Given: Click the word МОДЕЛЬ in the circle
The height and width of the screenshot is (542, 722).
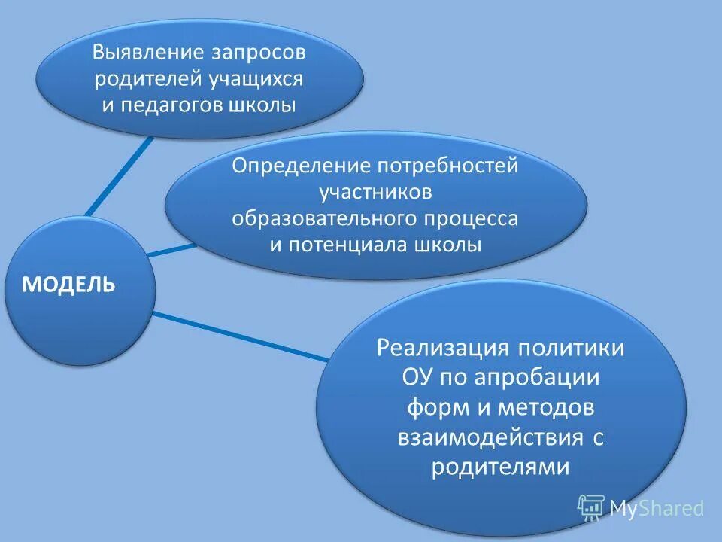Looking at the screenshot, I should pyautogui.click(x=68, y=285).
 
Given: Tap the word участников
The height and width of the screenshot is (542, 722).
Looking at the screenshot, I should pyautogui.click(x=375, y=192).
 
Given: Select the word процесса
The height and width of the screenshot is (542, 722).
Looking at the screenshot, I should pyautogui.click(x=472, y=218).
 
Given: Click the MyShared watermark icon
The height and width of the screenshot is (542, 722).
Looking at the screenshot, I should pyautogui.click(x=591, y=508).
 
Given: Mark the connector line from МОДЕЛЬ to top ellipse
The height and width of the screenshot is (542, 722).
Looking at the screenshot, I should pyautogui.click(x=119, y=175).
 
